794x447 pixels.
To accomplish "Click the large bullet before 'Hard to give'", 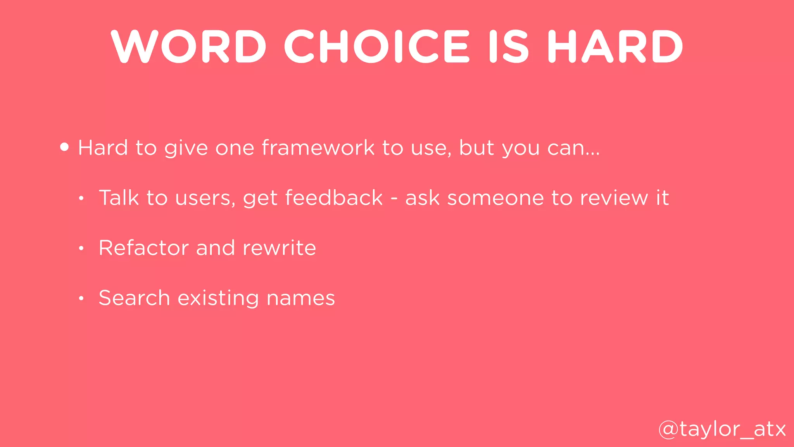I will (65, 147).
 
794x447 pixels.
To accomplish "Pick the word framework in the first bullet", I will (318, 148).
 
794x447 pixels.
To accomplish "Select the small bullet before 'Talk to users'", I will (81, 199).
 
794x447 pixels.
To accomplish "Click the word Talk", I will (119, 198).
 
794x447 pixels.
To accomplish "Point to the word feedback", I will (334, 198).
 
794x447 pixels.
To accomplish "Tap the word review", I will (613, 198).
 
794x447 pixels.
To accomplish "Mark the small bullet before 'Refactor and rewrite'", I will (81, 248).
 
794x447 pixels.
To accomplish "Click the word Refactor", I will (143, 248).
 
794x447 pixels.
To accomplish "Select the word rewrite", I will (279, 248).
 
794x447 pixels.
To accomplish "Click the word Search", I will (134, 298).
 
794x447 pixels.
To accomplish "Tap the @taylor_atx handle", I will (722, 429).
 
